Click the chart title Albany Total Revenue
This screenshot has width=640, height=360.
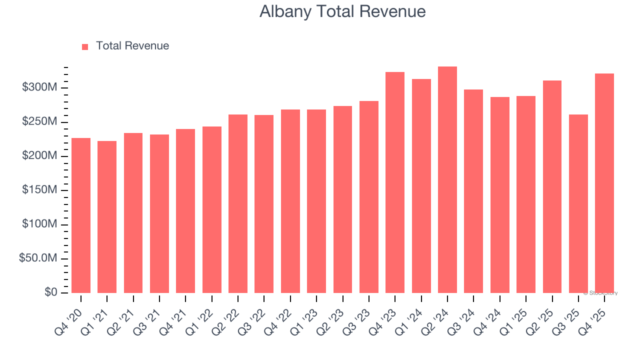pyautogui.click(x=342, y=11)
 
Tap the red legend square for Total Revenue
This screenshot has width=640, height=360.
pyautogui.click(x=85, y=46)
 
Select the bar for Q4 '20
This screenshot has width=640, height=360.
pyautogui.click(x=81, y=215)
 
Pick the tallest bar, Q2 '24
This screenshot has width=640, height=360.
pyautogui.click(x=447, y=180)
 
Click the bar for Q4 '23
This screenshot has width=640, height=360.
pyautogui.click(x=395, y=182)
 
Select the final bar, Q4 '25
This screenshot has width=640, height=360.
pyautogui.click(x=604, y=183)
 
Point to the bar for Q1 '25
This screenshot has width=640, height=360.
pyautogui.click(x=526, y=194)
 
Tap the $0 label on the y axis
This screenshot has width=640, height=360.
pyautogui.click(x=51, y=292)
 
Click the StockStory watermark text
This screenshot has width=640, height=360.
pyautogui.click(x=600, y=293)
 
